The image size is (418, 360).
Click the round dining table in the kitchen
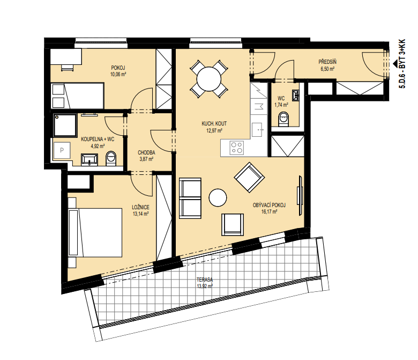209,79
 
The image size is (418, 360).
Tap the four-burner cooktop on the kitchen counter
237,148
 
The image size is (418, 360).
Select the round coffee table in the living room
218,197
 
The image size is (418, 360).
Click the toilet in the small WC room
283,119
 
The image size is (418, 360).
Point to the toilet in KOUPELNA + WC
111,158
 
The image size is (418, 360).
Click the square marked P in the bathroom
62,150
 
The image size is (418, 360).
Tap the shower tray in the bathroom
65,125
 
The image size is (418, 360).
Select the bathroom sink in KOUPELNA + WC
89,159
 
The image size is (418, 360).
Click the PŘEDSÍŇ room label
327,62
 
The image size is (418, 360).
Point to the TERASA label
205,280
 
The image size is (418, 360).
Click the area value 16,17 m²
269,212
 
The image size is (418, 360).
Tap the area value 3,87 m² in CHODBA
146,159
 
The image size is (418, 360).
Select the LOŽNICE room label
140,207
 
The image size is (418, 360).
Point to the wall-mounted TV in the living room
300,195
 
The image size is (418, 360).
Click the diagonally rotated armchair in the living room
249,177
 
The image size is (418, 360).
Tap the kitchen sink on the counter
258,130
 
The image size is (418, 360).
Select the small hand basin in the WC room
295,95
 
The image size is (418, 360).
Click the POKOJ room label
118,68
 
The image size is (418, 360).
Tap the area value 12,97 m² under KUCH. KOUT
214,130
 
